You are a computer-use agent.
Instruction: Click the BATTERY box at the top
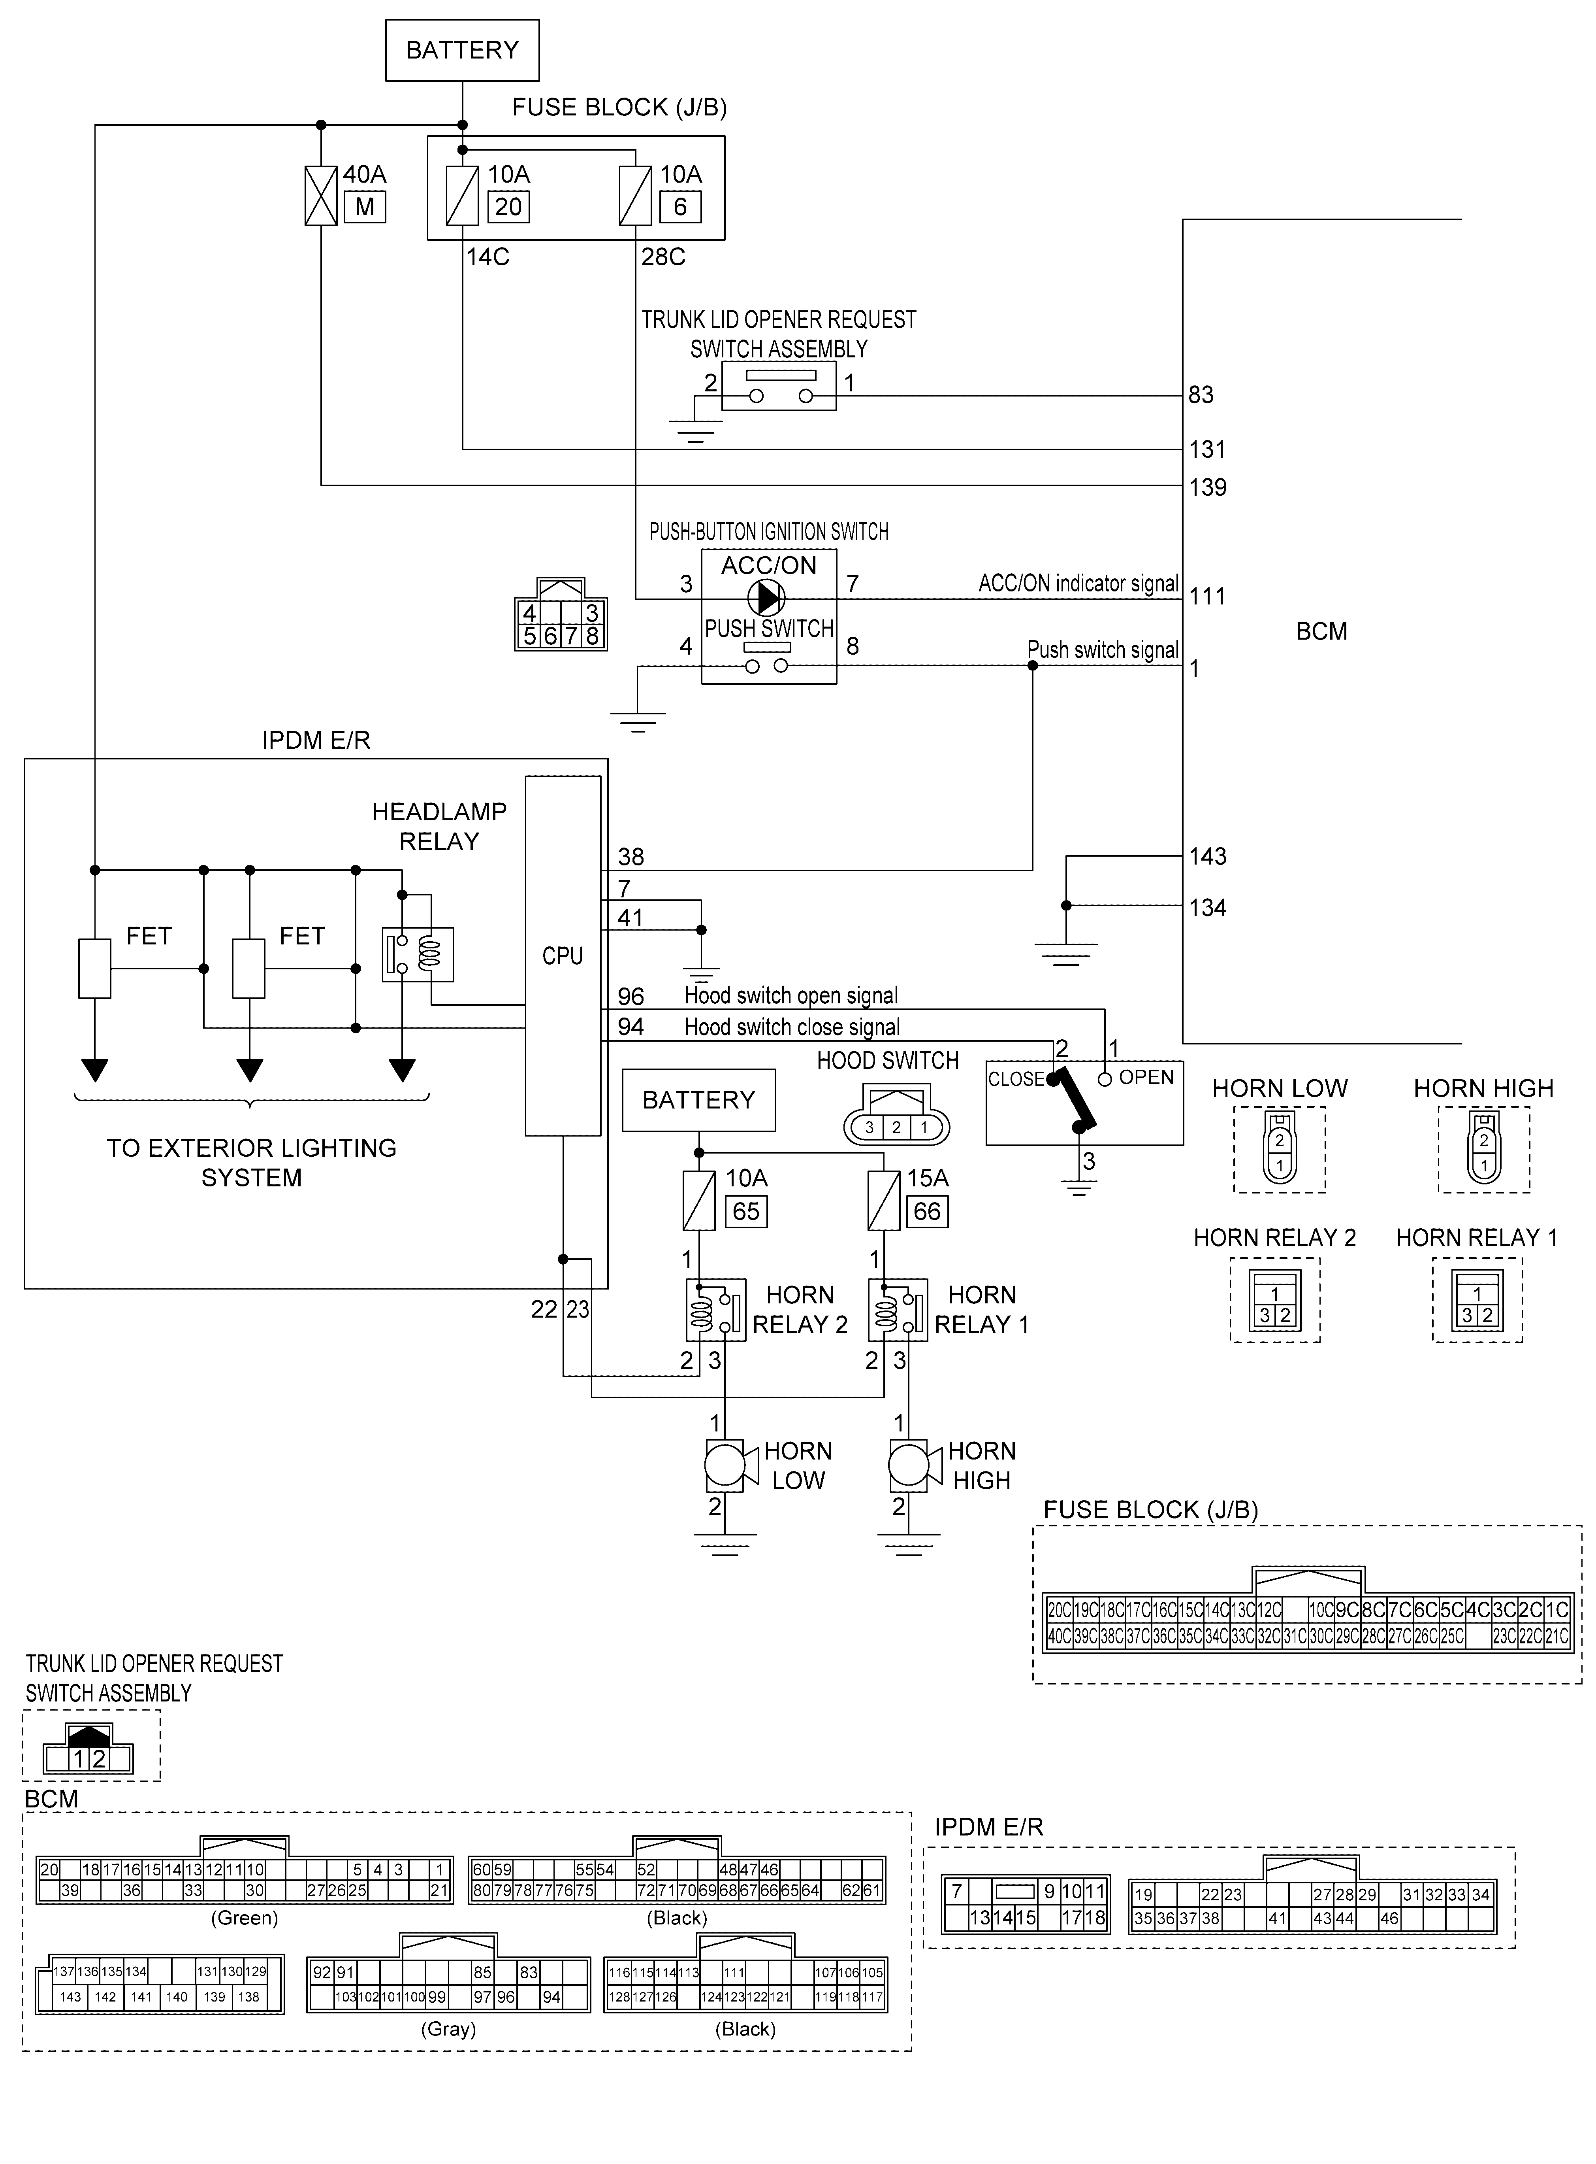462,50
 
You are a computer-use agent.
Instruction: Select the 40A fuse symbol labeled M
321,196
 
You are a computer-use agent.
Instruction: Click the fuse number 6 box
680,207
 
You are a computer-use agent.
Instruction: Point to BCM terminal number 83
1201,395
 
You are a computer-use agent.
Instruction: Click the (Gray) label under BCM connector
448,2029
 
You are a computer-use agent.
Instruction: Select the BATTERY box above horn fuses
698,1100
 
